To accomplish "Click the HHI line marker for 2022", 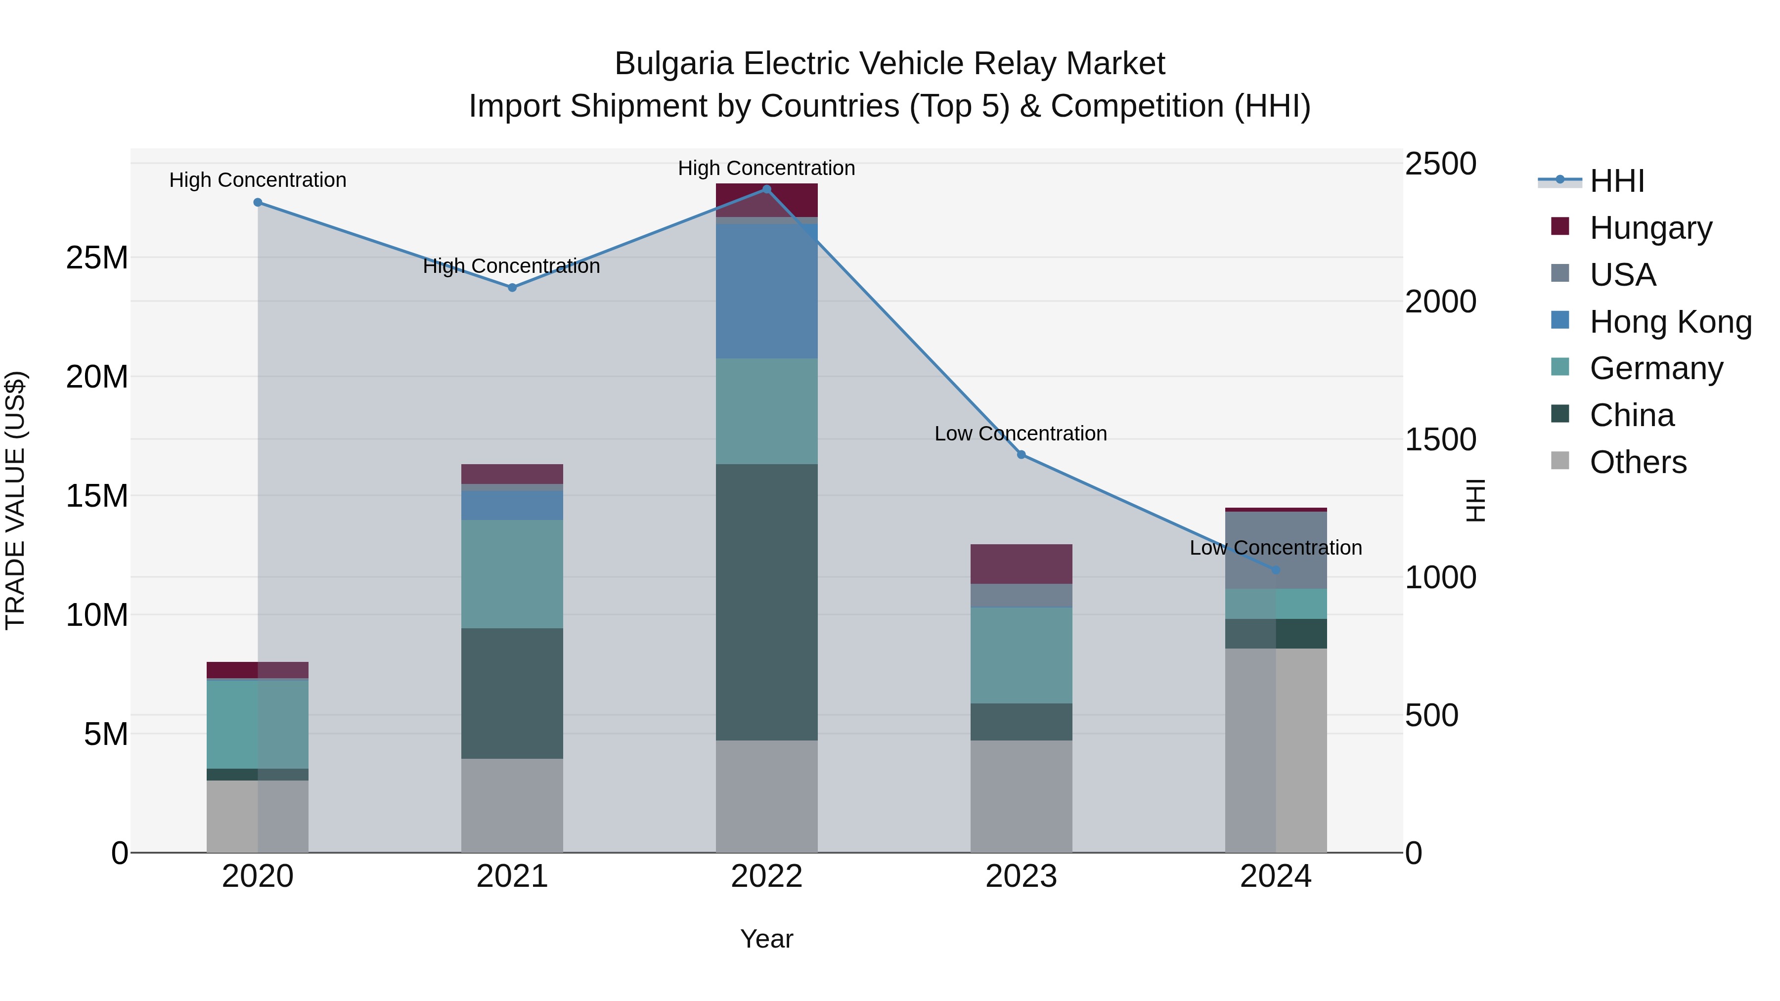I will (x=766, y=189).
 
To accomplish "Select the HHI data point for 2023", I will (x=1022, y=455).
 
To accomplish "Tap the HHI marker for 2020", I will (x=258, y=202).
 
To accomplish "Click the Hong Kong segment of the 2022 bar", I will (x=766, y=290).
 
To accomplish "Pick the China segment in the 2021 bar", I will (x=512, y=693).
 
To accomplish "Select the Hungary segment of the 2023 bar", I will (x=1022, y=564).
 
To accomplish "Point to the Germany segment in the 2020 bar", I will (x=257, y=724).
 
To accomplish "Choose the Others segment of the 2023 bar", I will (x=1022, y=796).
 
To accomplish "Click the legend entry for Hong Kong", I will (x=1670, y=322).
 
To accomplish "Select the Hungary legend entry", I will (x=1650, y=228).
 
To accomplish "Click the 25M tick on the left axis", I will (x=97, y=258).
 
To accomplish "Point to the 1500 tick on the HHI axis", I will (x=1441, y=439).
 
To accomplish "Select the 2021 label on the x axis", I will (x=512, y=876).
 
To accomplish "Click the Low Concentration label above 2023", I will (x=1021, y=434).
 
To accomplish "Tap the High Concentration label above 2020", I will (x=258, y=180).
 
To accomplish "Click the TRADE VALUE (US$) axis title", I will (x=16, y=500).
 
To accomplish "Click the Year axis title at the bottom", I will (x=766, y=939).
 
